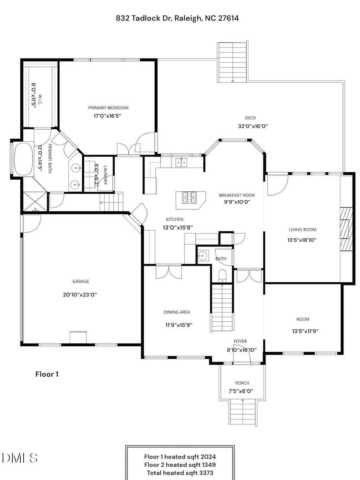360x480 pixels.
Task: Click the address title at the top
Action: point(177,18)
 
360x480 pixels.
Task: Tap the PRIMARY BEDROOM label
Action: point(108,108)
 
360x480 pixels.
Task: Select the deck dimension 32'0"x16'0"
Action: point(253,126)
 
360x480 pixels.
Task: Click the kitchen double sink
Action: point(181,162)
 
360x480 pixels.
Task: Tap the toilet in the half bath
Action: point(222,276)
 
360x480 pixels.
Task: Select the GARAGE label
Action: point(81,281)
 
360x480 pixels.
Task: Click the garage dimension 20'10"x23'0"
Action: point(80,295)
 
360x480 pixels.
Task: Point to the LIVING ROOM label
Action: point(302,230)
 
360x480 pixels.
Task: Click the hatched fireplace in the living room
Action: point(346,229)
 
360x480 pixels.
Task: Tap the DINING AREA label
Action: point(177,312)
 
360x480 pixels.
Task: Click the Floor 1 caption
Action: point(47,374)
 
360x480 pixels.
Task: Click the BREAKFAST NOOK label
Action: point(237,195)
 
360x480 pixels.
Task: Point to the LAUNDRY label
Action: point(105,175)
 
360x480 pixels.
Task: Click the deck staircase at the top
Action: point(232,62)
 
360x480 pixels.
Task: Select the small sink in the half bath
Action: point(203,255)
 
